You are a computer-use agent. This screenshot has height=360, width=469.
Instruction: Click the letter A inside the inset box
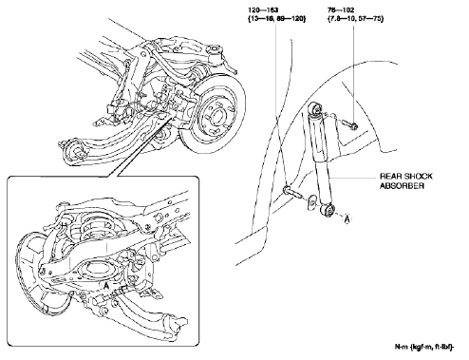(107, 284)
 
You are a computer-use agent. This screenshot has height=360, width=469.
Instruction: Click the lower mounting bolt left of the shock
(287, 193)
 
